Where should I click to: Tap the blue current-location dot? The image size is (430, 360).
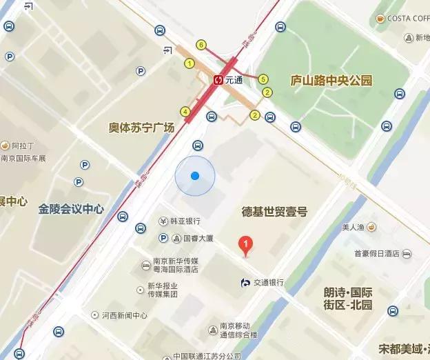coord(195,176)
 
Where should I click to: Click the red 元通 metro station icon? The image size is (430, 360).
coord(218,80)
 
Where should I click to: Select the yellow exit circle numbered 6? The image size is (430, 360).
coord(201,45)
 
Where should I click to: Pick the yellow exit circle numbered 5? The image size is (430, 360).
coord(263,79)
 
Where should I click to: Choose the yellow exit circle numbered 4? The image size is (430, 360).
coord(185,112)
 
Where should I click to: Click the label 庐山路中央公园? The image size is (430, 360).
coord(332,80)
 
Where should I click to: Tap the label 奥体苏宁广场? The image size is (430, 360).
coord(141,127)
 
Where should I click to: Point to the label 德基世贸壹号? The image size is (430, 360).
coord(274,211)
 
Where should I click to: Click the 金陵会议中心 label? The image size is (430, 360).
coord(72,208)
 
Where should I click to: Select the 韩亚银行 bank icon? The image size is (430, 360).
coord(163,221)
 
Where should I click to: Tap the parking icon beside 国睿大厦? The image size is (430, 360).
coord(163,238)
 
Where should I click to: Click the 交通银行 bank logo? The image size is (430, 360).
coord(245,282)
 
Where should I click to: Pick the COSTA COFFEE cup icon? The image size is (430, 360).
coord(379,18)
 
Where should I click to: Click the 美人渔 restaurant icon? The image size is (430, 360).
coord(371,227)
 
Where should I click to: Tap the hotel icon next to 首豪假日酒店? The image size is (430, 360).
coord(407,254)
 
